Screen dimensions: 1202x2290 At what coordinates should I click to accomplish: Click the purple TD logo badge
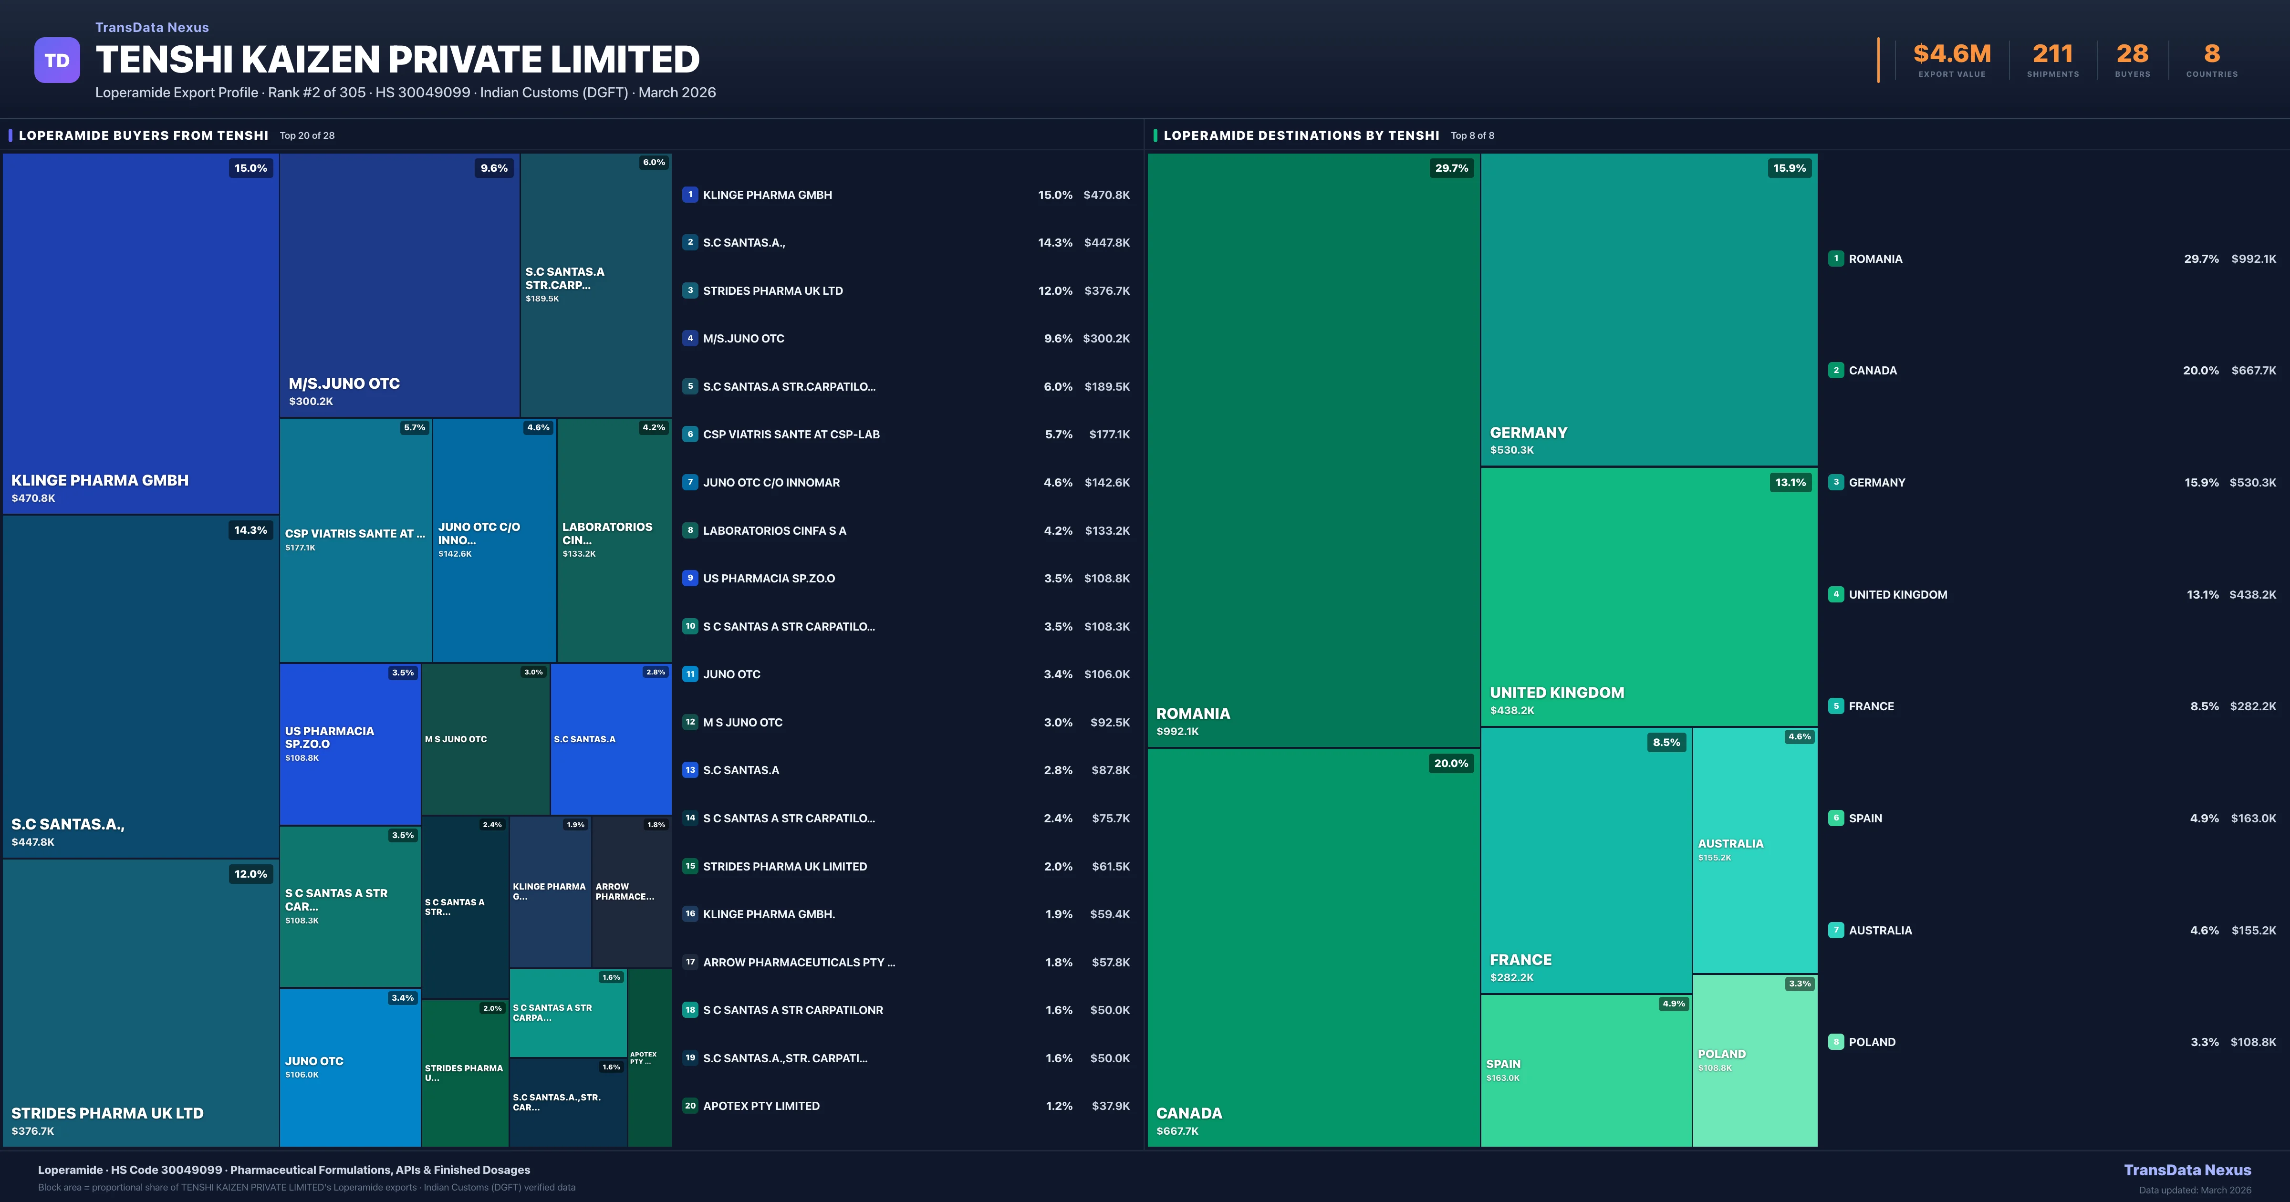[x=57, y=61]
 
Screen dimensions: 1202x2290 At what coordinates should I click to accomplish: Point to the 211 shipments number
[x=2052, y=54]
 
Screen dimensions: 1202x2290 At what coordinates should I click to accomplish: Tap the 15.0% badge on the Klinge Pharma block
[x=250, y=168]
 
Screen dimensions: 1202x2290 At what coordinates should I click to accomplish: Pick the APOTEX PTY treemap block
[x=649, y=1058]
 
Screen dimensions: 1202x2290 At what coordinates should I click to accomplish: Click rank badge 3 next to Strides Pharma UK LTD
[x=690, y=290]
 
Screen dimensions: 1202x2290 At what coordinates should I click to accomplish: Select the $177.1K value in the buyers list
[x=1109, y=435]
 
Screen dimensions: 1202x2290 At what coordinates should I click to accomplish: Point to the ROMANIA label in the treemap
[x=1193, y=714]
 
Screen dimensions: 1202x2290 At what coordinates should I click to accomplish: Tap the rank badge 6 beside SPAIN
[x=1835, y=818]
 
